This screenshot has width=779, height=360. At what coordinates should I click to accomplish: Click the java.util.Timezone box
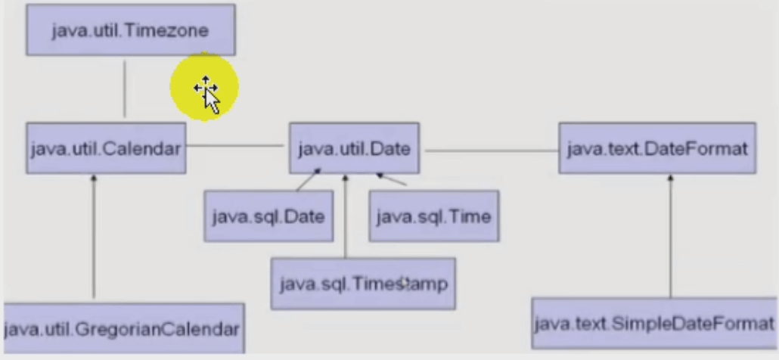click(x=130, y=30)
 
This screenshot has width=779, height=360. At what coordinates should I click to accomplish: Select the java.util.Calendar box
click(x=106, y=148)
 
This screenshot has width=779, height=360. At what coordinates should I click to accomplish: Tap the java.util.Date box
click(x=355, y=148)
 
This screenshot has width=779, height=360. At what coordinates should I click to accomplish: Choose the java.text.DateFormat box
click(x=656, y=148)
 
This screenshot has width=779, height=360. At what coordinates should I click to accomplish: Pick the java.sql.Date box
click(x=268, y=216)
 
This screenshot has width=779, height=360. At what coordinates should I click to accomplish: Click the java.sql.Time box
click(x=433, y=216)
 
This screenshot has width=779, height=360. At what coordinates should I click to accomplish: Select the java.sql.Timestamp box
click(x=363, y=284)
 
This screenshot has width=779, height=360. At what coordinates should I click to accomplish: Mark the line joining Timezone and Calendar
click(x=125, y=88)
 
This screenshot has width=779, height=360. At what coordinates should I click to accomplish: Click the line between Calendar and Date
click(x=236, y=145)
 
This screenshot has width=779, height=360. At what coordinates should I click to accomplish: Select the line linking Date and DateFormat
click(x=491, y=151)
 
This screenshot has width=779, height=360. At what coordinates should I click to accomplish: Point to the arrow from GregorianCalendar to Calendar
click(x=94, y=238)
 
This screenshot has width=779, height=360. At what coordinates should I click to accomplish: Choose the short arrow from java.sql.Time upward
click(x=392, y=180)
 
